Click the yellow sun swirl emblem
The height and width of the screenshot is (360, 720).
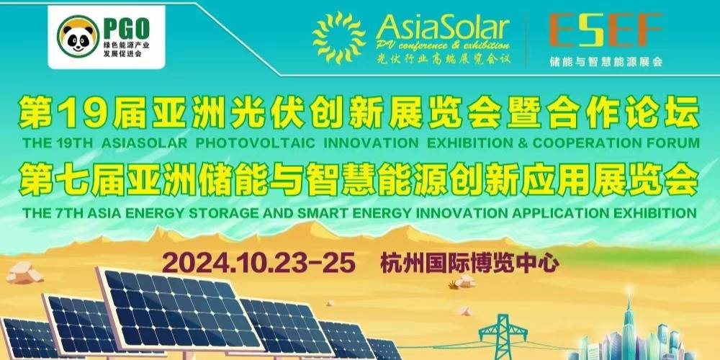click(339, 37)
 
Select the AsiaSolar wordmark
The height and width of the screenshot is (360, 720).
click(443, 28)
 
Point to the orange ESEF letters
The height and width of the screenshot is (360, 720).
click(606, 30)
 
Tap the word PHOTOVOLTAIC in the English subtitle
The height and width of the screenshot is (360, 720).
click(256, 143)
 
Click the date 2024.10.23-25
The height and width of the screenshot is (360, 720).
click(259, 264)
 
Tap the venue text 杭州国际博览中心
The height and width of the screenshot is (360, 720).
click(469, 264)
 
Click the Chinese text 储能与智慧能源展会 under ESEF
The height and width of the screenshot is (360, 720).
click(606, 61)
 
